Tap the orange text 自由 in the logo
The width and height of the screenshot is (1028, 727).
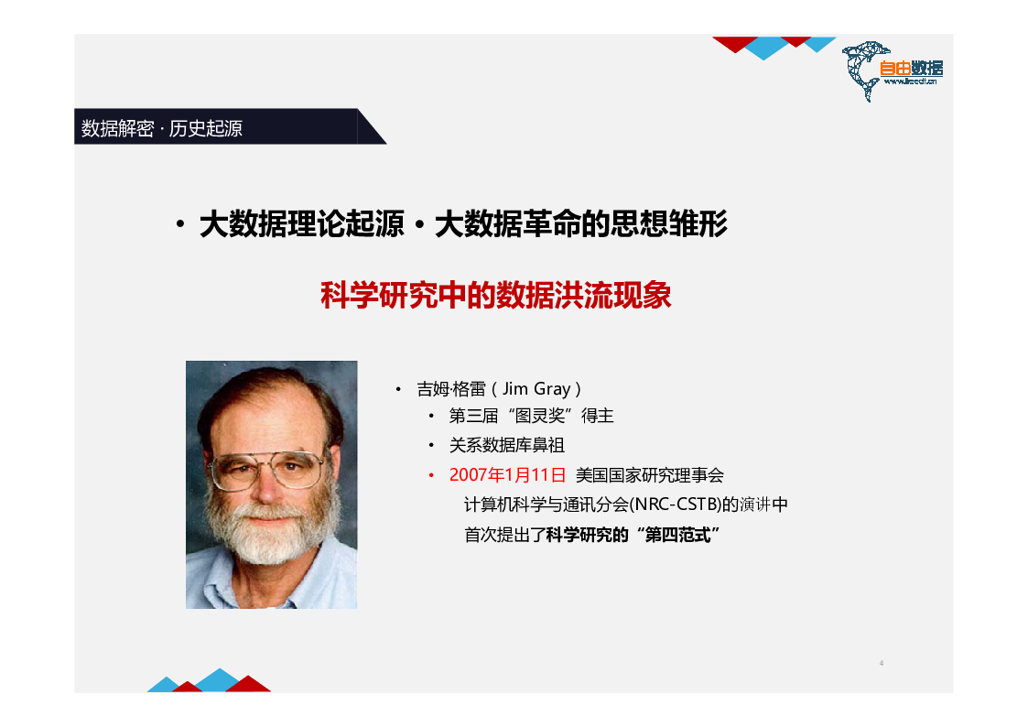click(x=895, y=68)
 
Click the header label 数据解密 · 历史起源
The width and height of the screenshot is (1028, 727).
click(x=162, y=128)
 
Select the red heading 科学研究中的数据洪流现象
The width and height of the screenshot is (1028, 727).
click(x=495, y=295)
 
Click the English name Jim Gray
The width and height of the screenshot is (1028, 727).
click(x=536, y=389)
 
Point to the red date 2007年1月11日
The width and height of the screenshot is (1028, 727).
click(x=507, y=474)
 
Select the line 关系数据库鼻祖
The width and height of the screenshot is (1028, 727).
click(x=507, y=445)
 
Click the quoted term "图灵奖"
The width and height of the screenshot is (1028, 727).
click(x=539, y=416)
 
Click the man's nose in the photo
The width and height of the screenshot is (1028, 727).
click(x=266, y=486)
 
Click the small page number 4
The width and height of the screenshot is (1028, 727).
click(x=882, y=664)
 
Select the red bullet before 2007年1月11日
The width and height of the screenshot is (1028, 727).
click(x=431, y=475)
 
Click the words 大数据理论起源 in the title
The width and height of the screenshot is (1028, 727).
click(x=301, y=224)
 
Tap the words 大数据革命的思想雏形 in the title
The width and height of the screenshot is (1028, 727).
click(x=581, y=224)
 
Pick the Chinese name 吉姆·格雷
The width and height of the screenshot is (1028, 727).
click(x=451, y=389)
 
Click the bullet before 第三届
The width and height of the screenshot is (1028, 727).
click(x=431, y=416)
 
